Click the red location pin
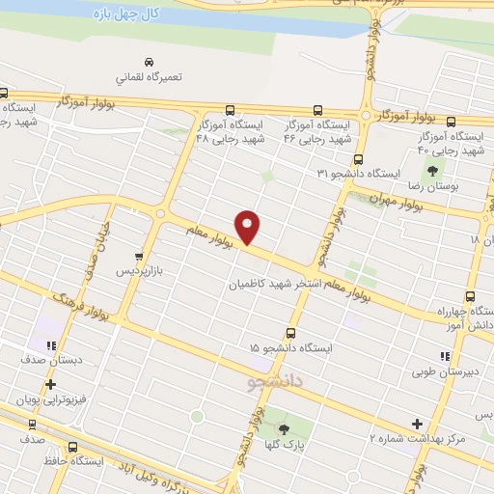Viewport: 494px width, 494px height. (x=249, y=226)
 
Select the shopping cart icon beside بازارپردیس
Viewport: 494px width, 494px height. (x=141, y=257)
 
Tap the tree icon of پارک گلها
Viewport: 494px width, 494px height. (x=285, y=426)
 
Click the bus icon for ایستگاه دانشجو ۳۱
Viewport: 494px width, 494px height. (x=358, y=159)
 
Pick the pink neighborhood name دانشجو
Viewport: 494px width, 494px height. (x=276, y=382)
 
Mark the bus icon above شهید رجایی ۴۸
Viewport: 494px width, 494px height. (x=230, y=110)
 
